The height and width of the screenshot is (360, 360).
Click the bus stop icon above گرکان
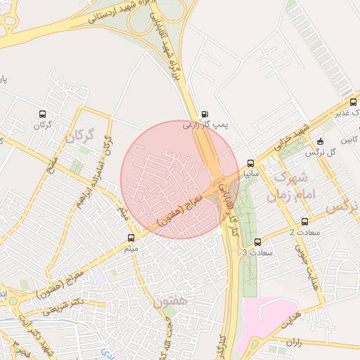coord(44,114)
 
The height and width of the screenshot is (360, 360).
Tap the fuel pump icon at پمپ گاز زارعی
coord(205,114)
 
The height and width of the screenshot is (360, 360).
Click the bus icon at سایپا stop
coord(251,163)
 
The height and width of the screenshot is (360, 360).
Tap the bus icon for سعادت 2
coord(305,222)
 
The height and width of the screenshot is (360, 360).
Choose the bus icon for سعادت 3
coord(257,242)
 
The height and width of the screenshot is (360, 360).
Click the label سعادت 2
coord(304,232)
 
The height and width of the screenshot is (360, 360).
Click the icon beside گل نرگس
coord(321,141)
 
